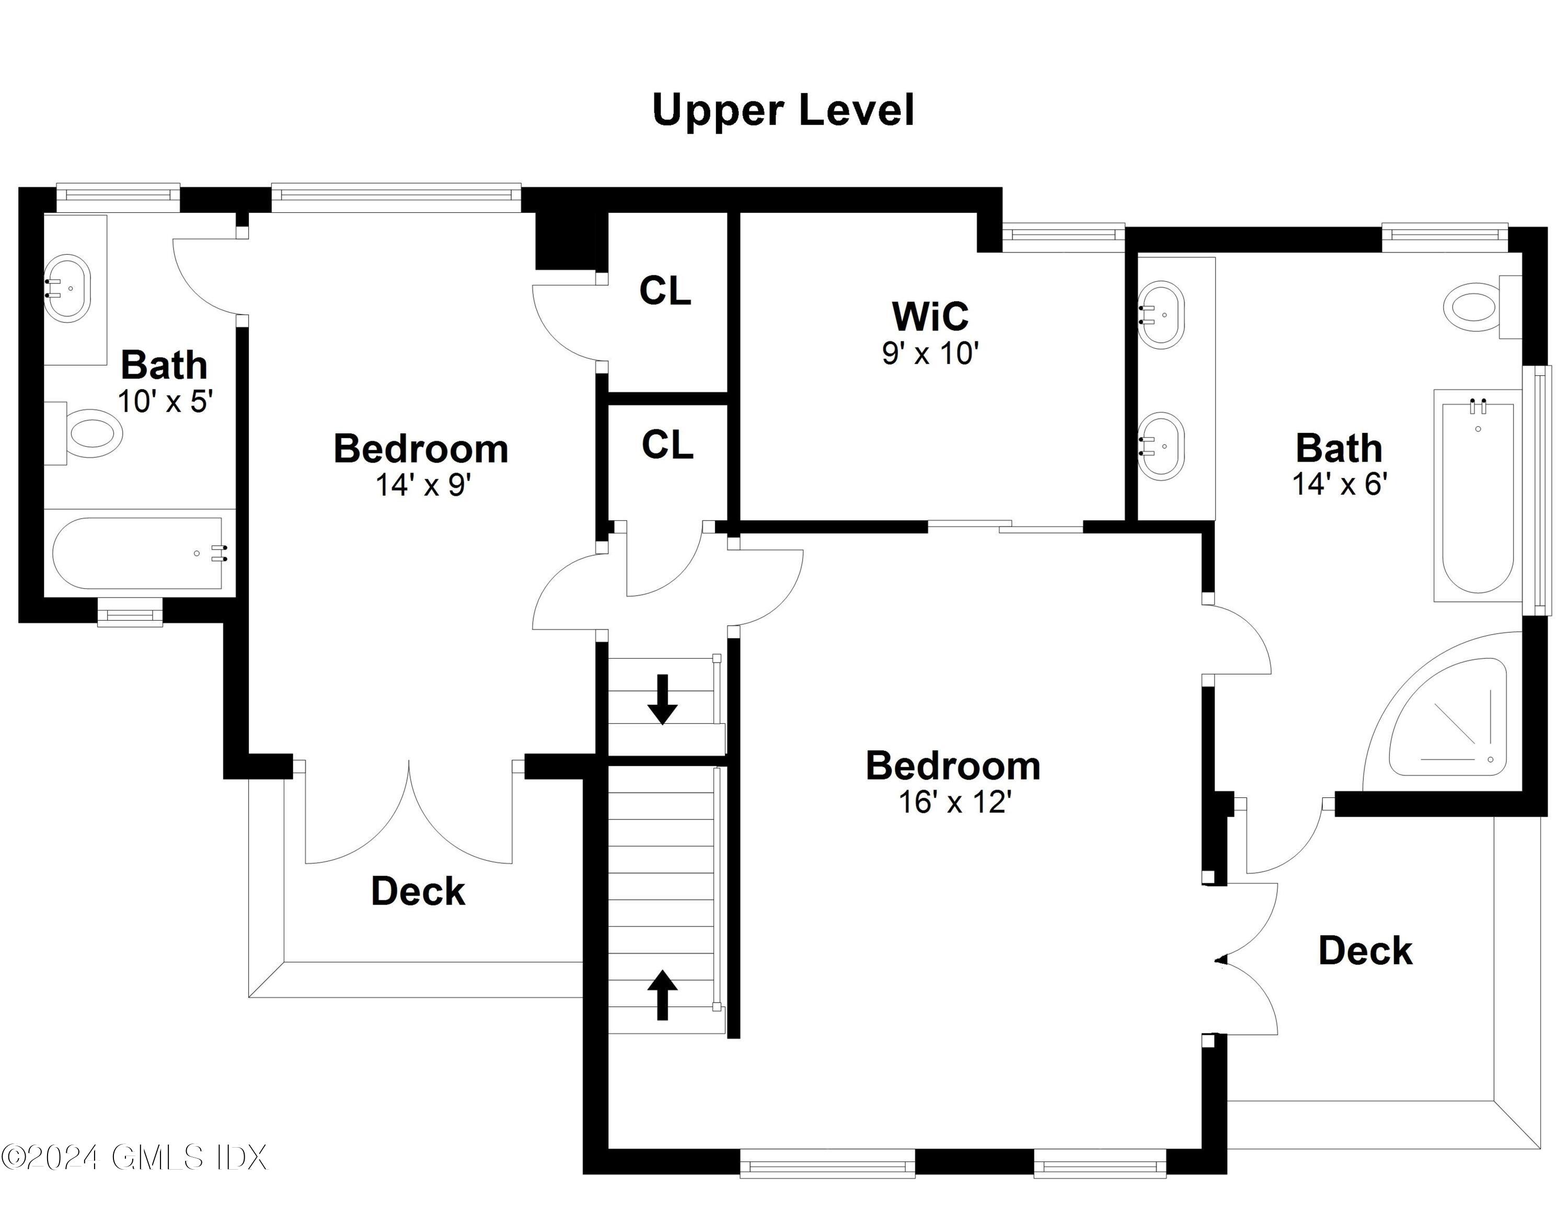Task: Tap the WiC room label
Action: click(930, 315)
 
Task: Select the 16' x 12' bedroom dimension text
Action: click(955, 802)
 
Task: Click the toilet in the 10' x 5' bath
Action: click(90, 432)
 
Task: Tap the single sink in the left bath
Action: click(67, 287)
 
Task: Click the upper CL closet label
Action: click(665, 291)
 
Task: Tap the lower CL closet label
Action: click(667, 444)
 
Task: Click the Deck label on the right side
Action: click(1365, 951)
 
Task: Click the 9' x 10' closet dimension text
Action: click(930, 353)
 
